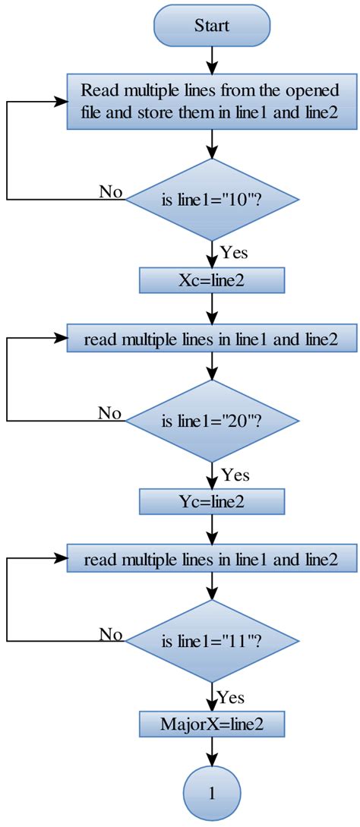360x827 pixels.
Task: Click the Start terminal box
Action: click(212, 25)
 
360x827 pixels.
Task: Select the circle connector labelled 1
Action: click(212, 794)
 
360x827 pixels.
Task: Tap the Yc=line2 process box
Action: click(212, 502)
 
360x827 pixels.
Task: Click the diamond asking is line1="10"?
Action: click(212, 200)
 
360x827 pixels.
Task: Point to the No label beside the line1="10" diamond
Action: click(111, 191)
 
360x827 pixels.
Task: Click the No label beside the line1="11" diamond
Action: click(111, 634)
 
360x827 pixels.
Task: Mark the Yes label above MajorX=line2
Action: click(231, 696)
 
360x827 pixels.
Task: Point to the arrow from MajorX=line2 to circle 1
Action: click(212, 756)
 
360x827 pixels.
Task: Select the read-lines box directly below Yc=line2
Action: click(212, 560)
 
